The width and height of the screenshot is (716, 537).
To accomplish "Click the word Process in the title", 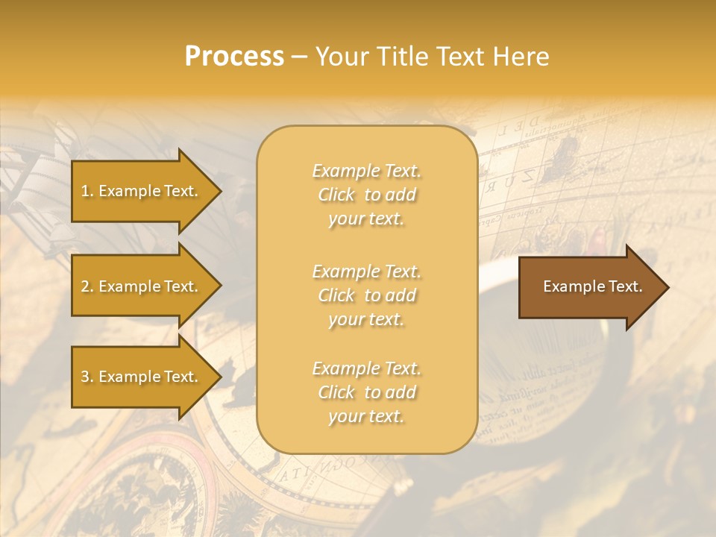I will pyautogui.click(x=234, y=57).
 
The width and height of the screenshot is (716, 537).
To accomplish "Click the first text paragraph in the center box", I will pyautogui.click(x=366, y=195).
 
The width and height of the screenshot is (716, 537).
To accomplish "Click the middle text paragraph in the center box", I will pyautogui.click(x=366, y=295).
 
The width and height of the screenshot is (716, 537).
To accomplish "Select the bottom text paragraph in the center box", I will pyautogui.click(x=366, y=392).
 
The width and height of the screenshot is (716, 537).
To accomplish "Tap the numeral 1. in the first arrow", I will pyautogui.click(x=87, y=191).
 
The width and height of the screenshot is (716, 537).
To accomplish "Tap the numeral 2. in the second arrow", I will pyautogui.click(x=87, y=286).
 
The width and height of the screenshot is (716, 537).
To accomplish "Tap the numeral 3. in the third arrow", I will pyautogui.click(x=87, y=377).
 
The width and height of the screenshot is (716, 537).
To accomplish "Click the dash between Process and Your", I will pyautogui.click(x=299, y=57).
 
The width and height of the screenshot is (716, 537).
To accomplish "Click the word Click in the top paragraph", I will pyautogui.click(x=336, y=195).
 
